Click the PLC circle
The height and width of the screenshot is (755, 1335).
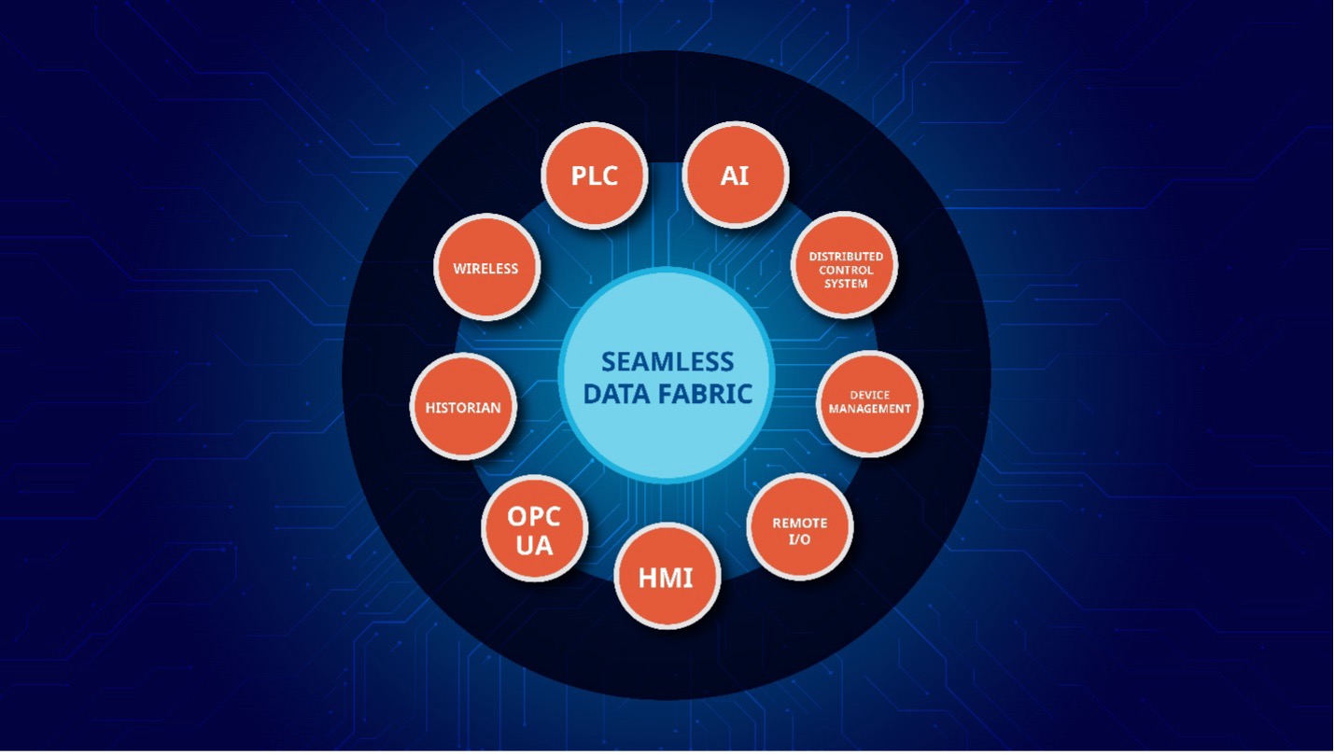tap(595, 175)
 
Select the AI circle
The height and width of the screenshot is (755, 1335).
tap(735, 175)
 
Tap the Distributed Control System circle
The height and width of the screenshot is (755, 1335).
tap(845, 267)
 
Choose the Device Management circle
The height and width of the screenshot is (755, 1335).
tap(869, 403)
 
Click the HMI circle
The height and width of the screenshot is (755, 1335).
tap(667, 577)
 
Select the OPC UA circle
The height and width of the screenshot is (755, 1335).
tap(534, 529)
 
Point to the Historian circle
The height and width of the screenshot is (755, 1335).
tap(463, 407)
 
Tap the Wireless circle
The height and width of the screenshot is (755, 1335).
tap(485, 268)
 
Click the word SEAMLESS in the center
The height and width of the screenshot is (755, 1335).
tap(667, 361)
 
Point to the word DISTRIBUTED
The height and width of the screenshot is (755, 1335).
tap(846, 256)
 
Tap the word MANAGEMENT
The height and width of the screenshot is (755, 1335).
tap(869, 409)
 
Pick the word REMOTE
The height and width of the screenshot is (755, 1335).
tap(800, 523)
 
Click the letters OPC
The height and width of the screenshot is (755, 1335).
tap(534, 516)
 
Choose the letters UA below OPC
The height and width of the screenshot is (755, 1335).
tap(534, 545)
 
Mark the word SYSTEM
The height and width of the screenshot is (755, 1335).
tap(846, 283)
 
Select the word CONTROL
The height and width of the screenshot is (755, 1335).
tap(846, 270)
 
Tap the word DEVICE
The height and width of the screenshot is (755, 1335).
tap(869, 395)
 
